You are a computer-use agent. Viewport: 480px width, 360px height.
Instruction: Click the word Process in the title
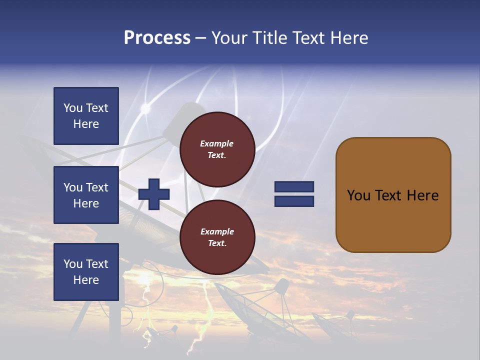[x=157, y=38]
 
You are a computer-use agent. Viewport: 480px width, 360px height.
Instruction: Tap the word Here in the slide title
[x=348, y=38]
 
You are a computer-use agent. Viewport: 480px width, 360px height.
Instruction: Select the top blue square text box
[x=86, y=116]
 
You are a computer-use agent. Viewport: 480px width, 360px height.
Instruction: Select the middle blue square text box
[x=86, y=195]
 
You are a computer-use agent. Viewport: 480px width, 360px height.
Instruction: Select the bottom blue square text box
[x=86, y=272]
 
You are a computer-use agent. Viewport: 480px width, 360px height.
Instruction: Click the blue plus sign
[x=154, y=194]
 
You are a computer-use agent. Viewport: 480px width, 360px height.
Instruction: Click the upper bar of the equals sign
[x=294, y=186]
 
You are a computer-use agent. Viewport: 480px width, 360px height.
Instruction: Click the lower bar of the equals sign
[x=294, y=201]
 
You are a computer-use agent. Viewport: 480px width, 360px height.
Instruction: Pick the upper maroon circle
[x=217, y=149]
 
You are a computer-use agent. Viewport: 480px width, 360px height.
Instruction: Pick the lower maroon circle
[x=217, y=237]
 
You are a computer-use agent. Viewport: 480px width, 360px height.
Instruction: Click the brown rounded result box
[x=393, y=195]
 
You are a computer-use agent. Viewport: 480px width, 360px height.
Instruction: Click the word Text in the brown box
[x=389, y=195]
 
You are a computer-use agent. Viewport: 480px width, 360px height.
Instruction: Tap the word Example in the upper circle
[x=216, y=143]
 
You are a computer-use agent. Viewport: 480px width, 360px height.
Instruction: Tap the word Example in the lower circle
[x=217, y=231]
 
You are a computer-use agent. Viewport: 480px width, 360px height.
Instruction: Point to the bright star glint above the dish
[x=146, y=108]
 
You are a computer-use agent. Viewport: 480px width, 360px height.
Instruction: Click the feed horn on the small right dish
[x=282, y=286]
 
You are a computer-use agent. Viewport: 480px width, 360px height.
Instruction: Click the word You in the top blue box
[x=73, y=108]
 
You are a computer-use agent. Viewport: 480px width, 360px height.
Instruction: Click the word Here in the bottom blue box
[x=86, y=280]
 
